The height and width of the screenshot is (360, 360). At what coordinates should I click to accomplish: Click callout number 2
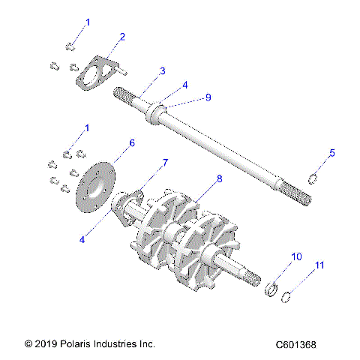[122, 36]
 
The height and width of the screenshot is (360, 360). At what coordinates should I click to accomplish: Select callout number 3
[162, 71]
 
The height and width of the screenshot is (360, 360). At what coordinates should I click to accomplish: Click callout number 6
[132, 142]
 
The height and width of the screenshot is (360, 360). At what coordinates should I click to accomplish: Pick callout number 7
[166, 162]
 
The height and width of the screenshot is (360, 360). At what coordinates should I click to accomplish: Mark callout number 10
[296, 256]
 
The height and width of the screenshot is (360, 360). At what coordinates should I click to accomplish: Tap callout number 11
[320, 265]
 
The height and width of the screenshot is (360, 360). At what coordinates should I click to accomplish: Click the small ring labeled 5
[316, 178]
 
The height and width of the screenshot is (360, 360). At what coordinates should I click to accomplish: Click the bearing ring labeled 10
[271, 289]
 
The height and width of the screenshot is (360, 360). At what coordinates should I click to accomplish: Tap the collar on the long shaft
[158, 114]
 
